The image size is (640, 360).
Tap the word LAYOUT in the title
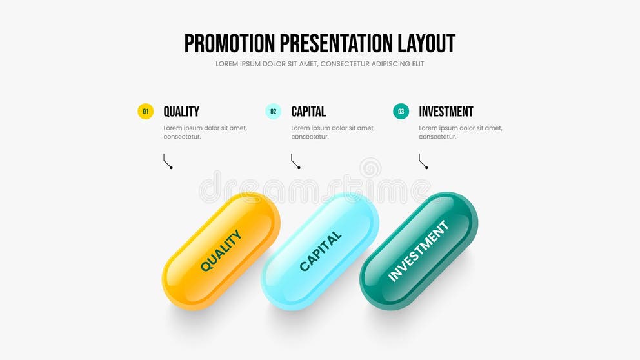coord(426,43)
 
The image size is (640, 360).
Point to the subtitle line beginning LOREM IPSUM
coord(320,64)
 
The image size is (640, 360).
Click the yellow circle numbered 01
coord(146,112)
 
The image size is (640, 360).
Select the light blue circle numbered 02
coord(274,112)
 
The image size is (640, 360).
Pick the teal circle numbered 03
coord(401,112)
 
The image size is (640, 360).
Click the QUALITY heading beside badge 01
coord(181,112)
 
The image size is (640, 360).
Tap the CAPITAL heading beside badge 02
coord(308,112)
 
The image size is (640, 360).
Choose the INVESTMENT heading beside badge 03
coord(446,112)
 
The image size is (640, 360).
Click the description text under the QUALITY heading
coord(205,132)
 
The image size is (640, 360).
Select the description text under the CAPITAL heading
coord(333,132)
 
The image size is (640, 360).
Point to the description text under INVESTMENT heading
coord(461,132)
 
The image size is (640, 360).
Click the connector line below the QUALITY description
coord(168,161)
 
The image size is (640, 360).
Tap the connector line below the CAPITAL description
coord(295,161)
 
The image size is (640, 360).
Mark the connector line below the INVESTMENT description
coord(423,161)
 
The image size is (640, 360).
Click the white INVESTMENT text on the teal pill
coord(418,251)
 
